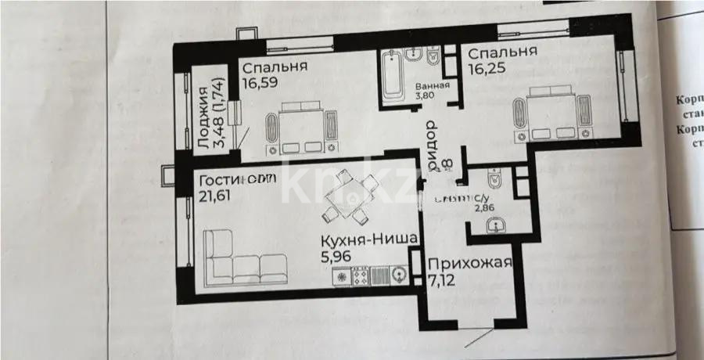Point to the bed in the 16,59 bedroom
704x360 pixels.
pos(302,129)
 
